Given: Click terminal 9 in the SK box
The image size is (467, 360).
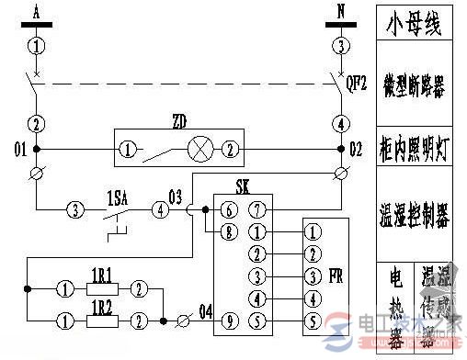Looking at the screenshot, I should point(228,321).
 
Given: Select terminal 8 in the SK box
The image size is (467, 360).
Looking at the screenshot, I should point(228,232).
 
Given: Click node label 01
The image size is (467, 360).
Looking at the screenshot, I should point(15,146).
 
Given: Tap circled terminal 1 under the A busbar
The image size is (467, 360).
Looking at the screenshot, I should point(36,44).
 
